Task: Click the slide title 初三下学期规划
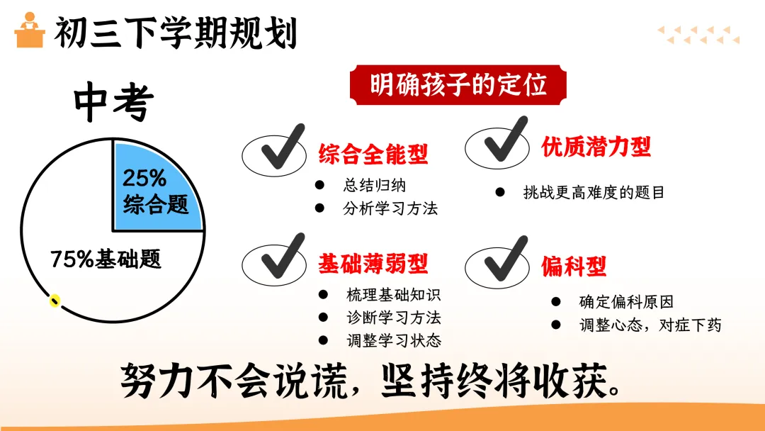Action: click(x=175, y=33)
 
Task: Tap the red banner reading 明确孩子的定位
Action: click(x=458, y=86)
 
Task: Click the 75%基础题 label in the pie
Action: click(x=106, y=259)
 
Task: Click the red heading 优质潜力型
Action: click(x=596, y=147)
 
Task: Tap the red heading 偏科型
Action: click(x=574, y=267)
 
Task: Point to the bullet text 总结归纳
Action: click(x=375, y=186)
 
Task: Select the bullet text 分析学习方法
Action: click(x=390, y=208)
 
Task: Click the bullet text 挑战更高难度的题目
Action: click(x=594, y=192)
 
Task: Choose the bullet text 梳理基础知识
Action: click(x=393, y=295)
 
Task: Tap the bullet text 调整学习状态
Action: click(x=393, y=340)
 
